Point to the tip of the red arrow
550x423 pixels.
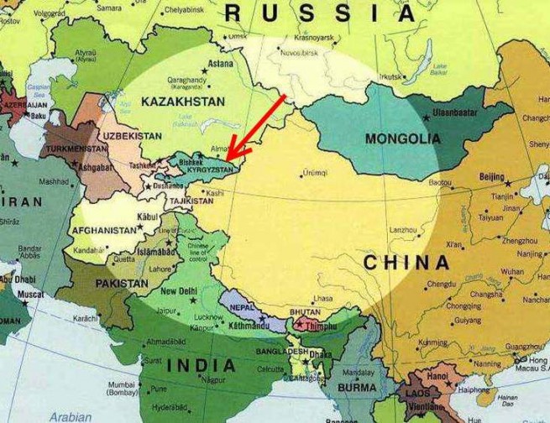point(228,157)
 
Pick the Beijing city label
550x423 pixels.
point(491,177)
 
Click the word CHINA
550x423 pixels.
point(406,263)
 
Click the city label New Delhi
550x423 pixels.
point(177,291)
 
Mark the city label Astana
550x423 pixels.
point(221,64)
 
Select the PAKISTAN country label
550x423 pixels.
point(121,284)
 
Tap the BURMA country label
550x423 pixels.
point(357,388)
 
